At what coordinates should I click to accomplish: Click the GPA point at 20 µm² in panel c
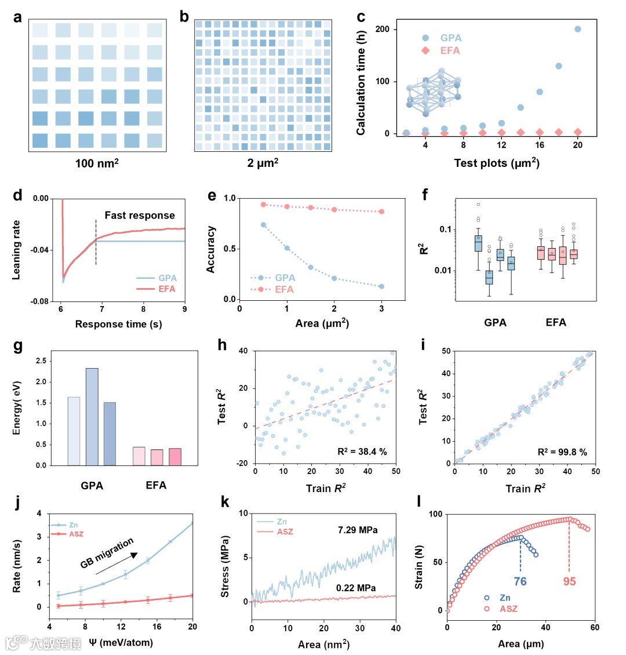[577, 29]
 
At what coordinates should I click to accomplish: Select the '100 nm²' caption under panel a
[97, 163]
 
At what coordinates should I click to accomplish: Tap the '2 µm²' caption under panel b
[263, 163]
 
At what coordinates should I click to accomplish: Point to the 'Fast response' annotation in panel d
[140, 216]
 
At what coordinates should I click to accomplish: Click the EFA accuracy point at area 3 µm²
[381, 212]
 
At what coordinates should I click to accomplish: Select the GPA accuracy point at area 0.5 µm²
[263, 225]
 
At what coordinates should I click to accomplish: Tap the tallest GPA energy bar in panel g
[92, 416]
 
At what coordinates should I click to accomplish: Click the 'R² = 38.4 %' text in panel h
[362, 452]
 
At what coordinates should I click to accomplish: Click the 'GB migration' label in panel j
[107, 553]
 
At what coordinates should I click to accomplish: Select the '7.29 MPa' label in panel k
[358, 530]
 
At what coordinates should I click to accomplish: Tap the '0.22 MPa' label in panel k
[356, 588]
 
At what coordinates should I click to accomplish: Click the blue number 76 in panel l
[520, 581]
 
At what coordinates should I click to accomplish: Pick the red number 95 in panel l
[570, 581]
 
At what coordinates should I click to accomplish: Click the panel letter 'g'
[18, 346]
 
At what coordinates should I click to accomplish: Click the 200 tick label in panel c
[383, 29]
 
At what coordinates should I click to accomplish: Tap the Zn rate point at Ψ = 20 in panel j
[192, 523]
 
